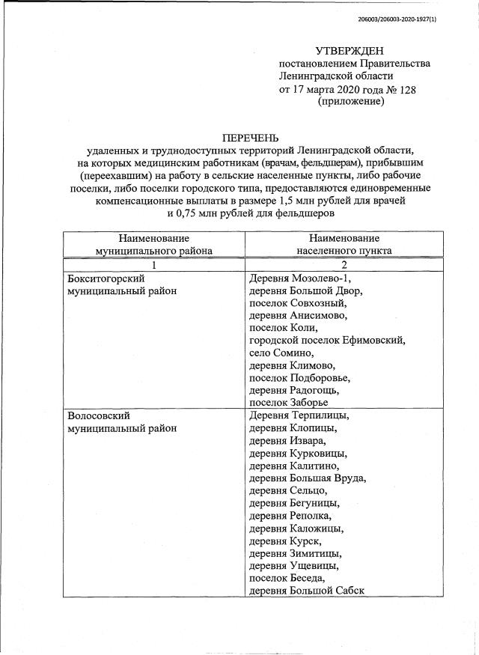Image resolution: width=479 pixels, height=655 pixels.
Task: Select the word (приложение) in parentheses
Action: [x=350, y=102]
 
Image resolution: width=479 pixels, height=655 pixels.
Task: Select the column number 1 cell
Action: [x=153, y=265]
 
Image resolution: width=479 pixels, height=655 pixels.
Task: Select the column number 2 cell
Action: [x=344, y=265]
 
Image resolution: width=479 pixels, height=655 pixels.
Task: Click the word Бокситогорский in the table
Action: [x=105, y=278]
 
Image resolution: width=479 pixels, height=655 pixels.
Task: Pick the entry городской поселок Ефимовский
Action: [x=327, y=341]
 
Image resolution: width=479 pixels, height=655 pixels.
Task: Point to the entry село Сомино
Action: [x=281, y=353]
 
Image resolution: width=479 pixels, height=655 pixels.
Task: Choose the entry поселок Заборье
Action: [x=288, y=403]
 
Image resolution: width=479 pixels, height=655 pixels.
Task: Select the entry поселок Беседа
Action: [x=287, y=579]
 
